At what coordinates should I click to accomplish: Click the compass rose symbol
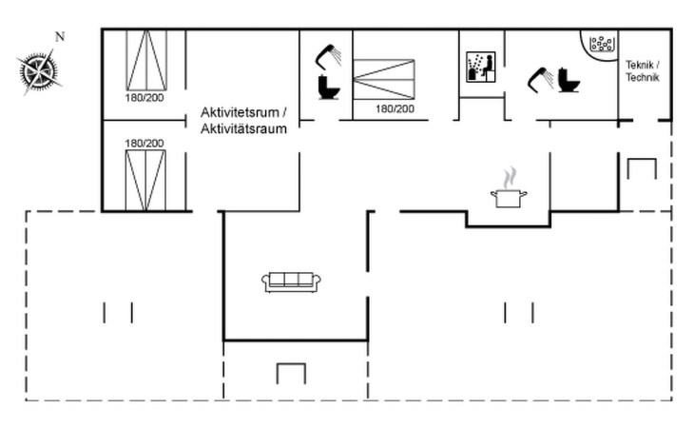tap(38, 69)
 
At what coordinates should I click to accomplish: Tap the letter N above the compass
tap(59, 37)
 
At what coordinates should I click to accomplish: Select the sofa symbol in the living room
tap(291, 281)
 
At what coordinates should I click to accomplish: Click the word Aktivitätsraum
tap(242, 128)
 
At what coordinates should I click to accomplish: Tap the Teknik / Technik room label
tap(642, 71)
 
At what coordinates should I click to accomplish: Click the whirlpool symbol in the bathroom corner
tap(603, 44)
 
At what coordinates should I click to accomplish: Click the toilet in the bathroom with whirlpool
tap(569, 79)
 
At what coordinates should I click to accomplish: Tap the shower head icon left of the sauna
tap(329, 54)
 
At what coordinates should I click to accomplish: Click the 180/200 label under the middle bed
tap(395, 109)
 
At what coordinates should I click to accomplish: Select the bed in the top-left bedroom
tap(145, 60)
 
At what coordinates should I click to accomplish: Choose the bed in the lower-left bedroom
tap(145, 179)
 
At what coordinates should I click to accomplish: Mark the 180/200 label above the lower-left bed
tap(144, 143)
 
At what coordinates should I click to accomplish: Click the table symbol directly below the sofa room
tap(291, 372)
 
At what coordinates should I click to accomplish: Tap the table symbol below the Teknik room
tap(642, 168)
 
